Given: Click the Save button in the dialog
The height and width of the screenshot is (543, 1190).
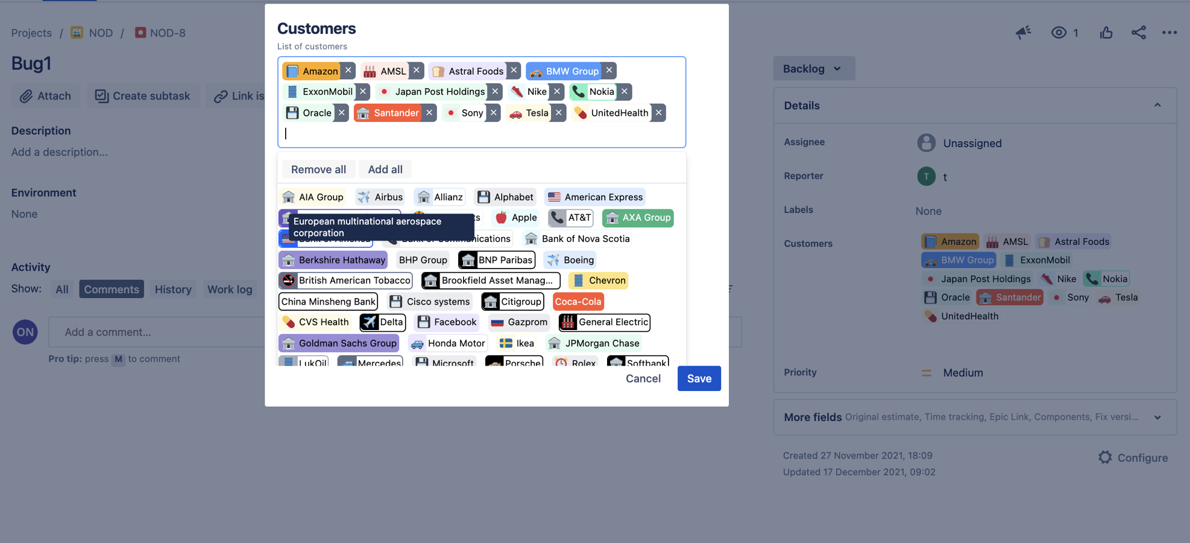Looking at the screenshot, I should point(699,378).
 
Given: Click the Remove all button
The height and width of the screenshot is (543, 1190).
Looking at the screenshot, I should point(318,170).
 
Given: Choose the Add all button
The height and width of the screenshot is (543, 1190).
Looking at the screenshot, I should point(385,170).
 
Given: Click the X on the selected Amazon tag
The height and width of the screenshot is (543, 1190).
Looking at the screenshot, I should point(348,71).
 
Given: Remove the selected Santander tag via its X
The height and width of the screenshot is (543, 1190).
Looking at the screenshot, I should point(429,113).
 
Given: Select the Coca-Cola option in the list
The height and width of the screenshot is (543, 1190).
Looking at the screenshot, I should point(578,302).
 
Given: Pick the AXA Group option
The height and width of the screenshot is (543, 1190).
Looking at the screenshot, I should point(638,218).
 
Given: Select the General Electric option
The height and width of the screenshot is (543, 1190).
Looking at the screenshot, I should point(605,322).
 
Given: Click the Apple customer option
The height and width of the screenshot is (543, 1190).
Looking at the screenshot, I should point(516,218).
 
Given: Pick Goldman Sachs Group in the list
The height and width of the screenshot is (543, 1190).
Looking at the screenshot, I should point(339,343).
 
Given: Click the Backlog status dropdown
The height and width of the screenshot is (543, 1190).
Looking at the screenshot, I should point(813,69).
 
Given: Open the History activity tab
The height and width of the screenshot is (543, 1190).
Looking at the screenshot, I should point(173,290).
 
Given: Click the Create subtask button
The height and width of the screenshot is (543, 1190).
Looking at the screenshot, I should point(142,96).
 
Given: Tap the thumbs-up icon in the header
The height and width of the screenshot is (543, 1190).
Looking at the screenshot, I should point(1106,33).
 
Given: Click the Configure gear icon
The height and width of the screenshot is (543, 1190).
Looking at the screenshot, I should point(1105,457).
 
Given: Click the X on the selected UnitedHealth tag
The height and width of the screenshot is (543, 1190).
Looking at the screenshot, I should point(659,113).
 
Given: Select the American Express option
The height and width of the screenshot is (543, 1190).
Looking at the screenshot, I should point(595,197).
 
